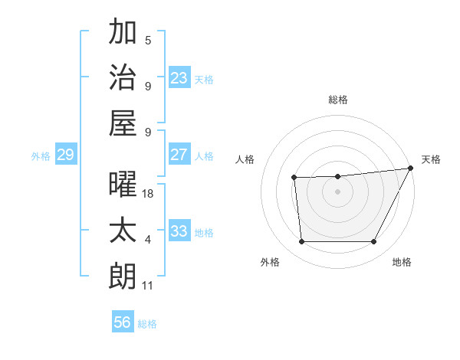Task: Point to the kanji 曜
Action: click(x=123, y=185)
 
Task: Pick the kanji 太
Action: click(x=123, y=231)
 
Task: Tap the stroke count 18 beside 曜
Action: click(x=148, y=194)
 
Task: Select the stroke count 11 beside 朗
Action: click(x=148, y=286)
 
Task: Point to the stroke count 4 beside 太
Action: click(x=148, y=240)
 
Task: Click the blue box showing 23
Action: click(x=179, y=77)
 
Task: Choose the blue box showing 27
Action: click(x=179, y=154)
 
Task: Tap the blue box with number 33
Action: click(x=179, y=231)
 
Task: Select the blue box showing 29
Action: click(x=65, y=155)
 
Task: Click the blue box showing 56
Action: click(x=123, y=322)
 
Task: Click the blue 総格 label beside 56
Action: click(x=147, y=324)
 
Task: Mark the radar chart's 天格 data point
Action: click(x=411, y=168)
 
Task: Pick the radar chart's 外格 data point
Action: click(x=301, y=242)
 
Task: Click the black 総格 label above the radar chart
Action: click(x=337, y=100)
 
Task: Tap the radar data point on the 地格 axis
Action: click(x=373, y=242)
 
